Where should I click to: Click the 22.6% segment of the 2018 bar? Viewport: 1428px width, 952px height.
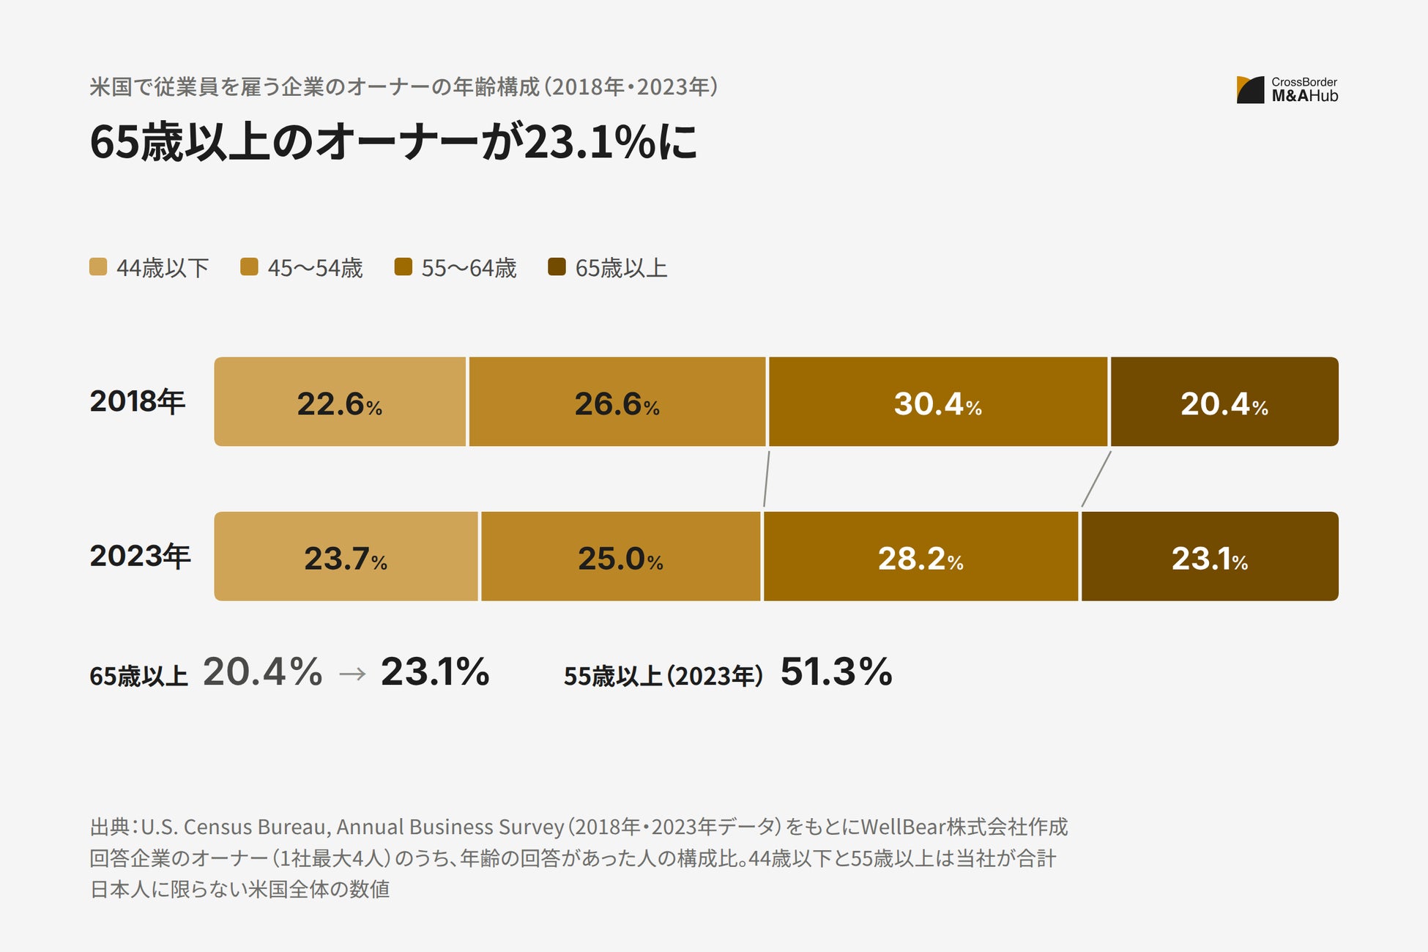pos(340,401)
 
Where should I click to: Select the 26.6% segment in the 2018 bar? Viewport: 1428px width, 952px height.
pos(617,401)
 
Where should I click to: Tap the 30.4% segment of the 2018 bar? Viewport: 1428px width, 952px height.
pos(938,401)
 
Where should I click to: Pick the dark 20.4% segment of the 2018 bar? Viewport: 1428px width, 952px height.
pos(1224,401)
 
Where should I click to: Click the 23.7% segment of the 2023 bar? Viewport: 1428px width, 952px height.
pos(346,557)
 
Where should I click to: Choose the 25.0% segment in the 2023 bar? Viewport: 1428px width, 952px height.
pos(621,557)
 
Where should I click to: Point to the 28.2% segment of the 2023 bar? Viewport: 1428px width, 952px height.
pos(921,557)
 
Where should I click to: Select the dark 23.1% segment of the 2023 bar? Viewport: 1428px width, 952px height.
pos(1210,557)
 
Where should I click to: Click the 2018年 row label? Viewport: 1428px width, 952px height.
pos(138,401)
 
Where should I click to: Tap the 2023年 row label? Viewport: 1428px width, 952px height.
pos(140,556)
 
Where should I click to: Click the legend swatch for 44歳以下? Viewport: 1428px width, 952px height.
pos(98,267)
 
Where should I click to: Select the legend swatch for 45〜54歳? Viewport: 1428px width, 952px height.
pos(249,267)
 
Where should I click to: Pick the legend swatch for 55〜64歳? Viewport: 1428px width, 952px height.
pos(403,267)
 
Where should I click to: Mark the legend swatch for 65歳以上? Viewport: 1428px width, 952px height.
pos(557,267)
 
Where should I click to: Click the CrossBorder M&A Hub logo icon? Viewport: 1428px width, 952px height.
pos(1251,89)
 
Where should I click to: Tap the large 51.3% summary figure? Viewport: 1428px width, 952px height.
pos(836,672)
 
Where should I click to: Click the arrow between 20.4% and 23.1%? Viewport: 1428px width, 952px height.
pos(352,674)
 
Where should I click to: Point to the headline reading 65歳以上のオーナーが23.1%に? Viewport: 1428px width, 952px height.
pos(393,141)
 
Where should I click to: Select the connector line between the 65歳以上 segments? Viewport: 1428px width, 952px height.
pos(1096,479)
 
